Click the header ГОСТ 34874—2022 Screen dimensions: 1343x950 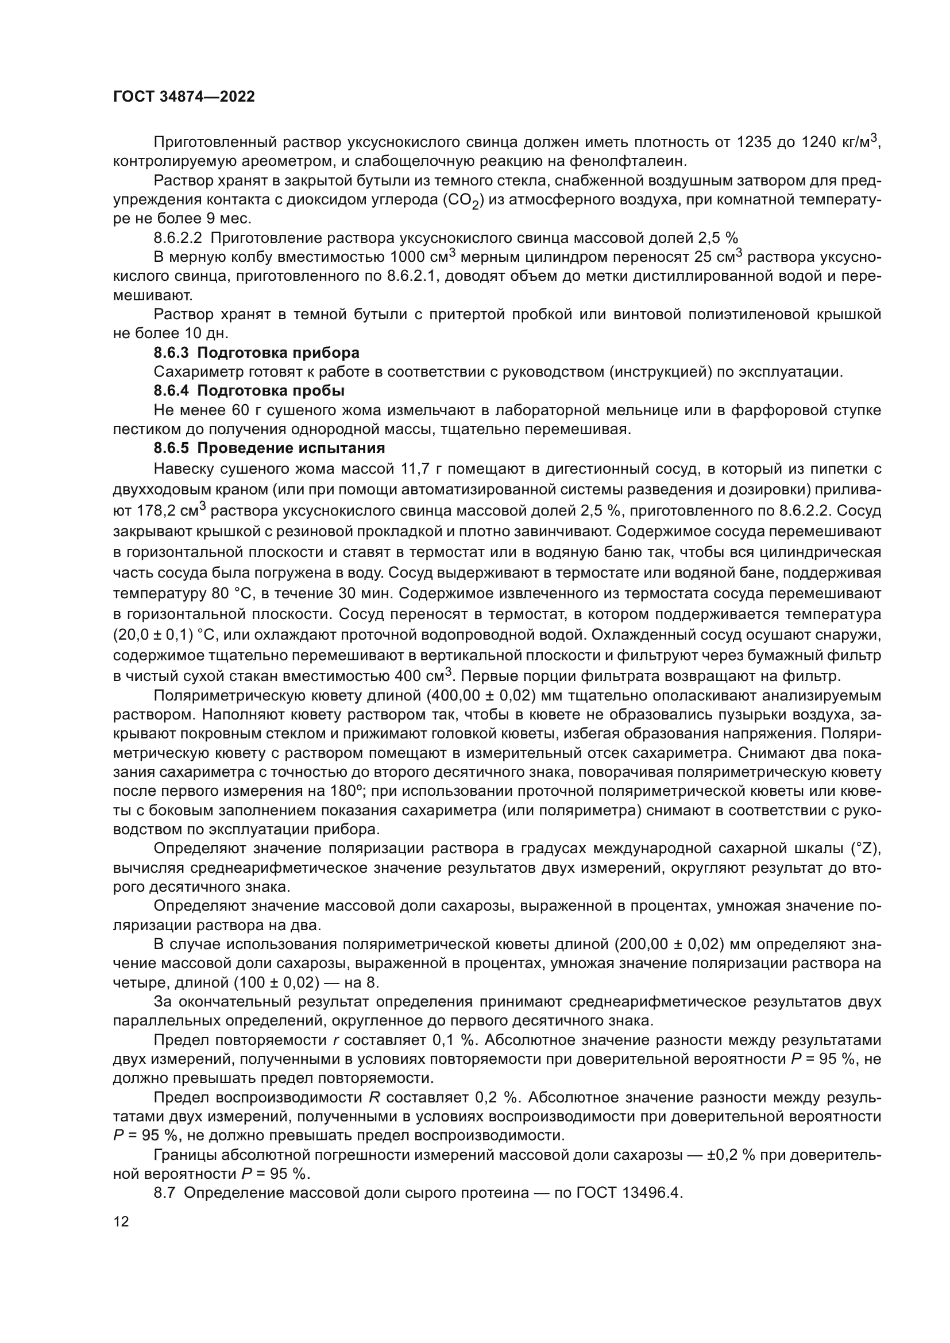pos(184,97)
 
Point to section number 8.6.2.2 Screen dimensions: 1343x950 pos(177,238)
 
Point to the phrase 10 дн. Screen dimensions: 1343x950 pos(208,334)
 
